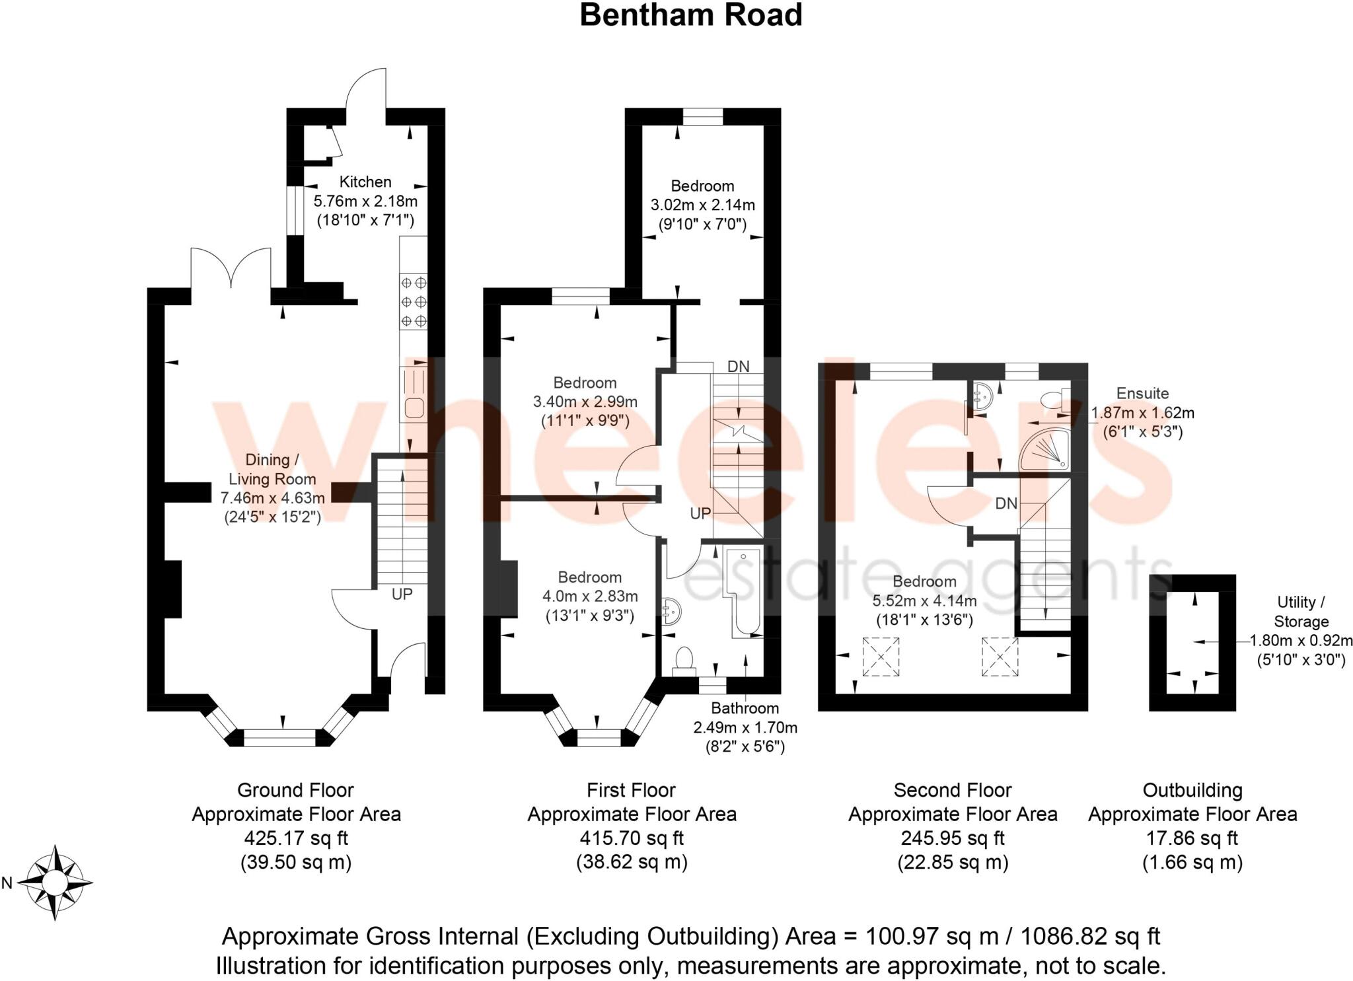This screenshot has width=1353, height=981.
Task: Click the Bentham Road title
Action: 690,15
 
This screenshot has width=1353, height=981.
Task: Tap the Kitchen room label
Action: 365,182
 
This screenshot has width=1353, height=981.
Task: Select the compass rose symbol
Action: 55,882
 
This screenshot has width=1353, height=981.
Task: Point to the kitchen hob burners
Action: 414,302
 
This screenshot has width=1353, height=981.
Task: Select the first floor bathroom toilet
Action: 684,660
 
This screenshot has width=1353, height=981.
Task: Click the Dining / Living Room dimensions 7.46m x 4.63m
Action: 272,497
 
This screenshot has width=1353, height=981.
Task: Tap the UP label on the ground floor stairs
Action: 402,594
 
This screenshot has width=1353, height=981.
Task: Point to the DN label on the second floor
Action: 1006,503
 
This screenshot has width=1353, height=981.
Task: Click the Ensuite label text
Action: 1142,393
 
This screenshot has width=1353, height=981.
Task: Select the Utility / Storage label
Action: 1301,612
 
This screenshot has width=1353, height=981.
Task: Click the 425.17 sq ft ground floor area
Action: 296,838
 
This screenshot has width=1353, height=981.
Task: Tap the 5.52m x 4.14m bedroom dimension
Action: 924,601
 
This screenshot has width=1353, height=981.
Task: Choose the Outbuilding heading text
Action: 1192,790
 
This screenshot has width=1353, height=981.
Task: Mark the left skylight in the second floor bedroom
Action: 881,657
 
